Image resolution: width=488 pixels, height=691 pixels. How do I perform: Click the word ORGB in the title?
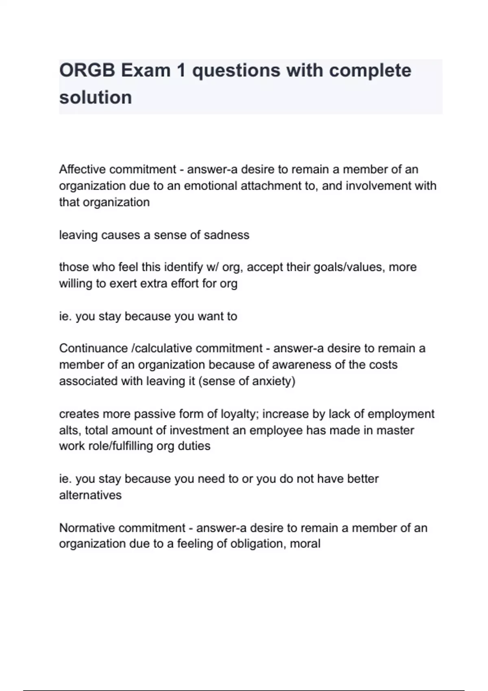[86, 70]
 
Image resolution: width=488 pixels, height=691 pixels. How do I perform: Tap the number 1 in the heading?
[181, 70]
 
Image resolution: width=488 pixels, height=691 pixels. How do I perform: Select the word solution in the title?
[96, 98]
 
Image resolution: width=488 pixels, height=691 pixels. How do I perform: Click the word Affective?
[83, 169]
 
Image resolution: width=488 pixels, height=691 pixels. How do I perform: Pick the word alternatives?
[90, 495]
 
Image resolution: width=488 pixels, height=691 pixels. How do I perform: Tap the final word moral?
[305, 544]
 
